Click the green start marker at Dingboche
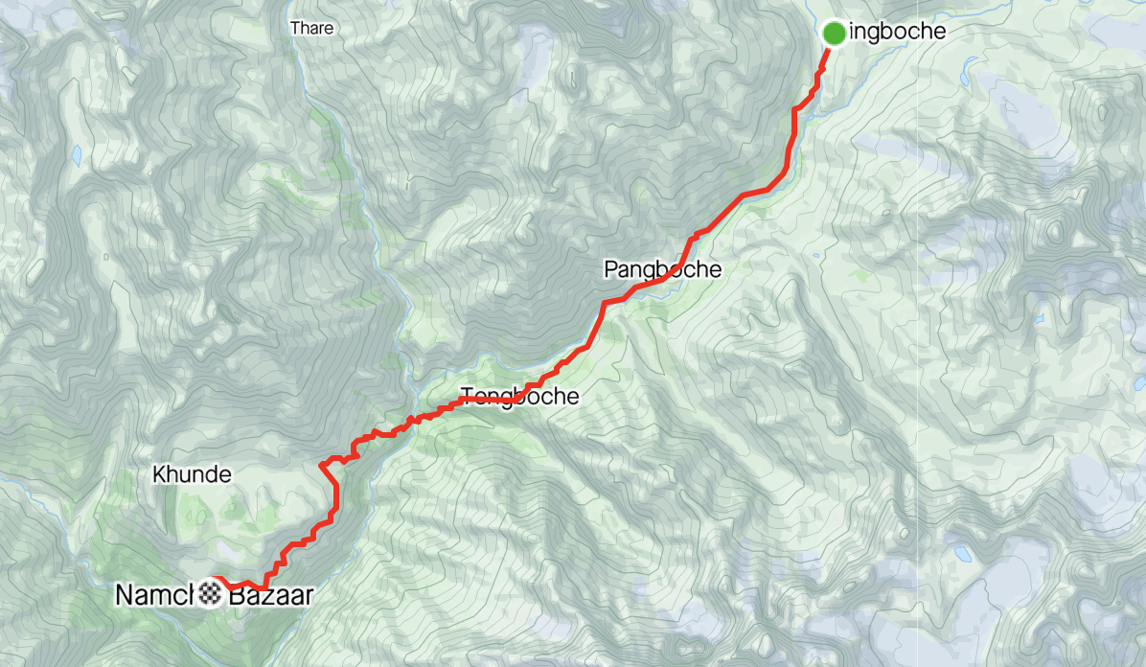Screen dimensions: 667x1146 834,33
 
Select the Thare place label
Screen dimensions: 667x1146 311,29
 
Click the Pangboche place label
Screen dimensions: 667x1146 662,269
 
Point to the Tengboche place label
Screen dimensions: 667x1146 520,396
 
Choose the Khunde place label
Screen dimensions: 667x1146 192,474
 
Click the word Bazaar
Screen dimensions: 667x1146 270,595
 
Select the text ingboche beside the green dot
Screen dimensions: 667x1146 898,33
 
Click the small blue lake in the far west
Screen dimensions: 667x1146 76,154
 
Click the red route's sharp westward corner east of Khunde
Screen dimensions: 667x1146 322,467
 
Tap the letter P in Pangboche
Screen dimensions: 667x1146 610,269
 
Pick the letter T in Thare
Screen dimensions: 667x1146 294,29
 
